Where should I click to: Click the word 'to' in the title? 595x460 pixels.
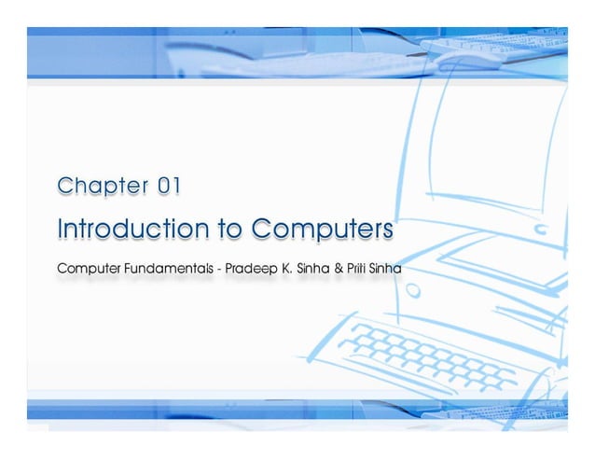point(225,229)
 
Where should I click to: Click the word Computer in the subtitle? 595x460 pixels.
point(88,269)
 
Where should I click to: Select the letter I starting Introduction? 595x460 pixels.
point(60,229)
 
